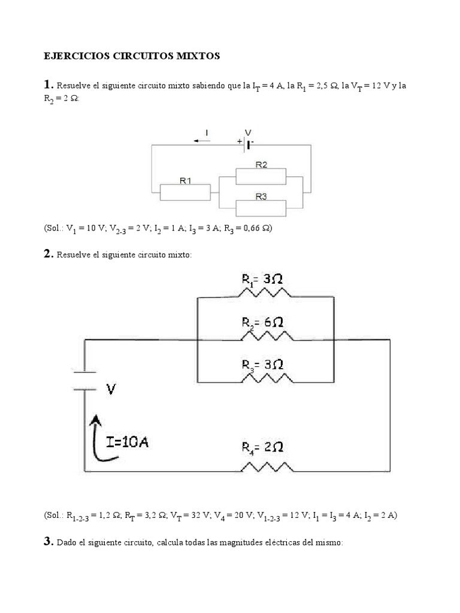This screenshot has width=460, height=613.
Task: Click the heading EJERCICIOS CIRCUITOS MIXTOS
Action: [x=132, y=56]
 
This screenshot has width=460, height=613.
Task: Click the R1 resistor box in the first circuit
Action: [x=185, y=192]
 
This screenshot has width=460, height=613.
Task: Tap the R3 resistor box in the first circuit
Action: [x=261, y=208]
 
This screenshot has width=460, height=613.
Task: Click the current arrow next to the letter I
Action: [x=202, y=141]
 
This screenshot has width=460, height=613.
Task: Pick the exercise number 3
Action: [x=49, y=542]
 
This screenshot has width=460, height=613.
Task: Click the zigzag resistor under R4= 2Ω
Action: [x=267, y=466]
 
